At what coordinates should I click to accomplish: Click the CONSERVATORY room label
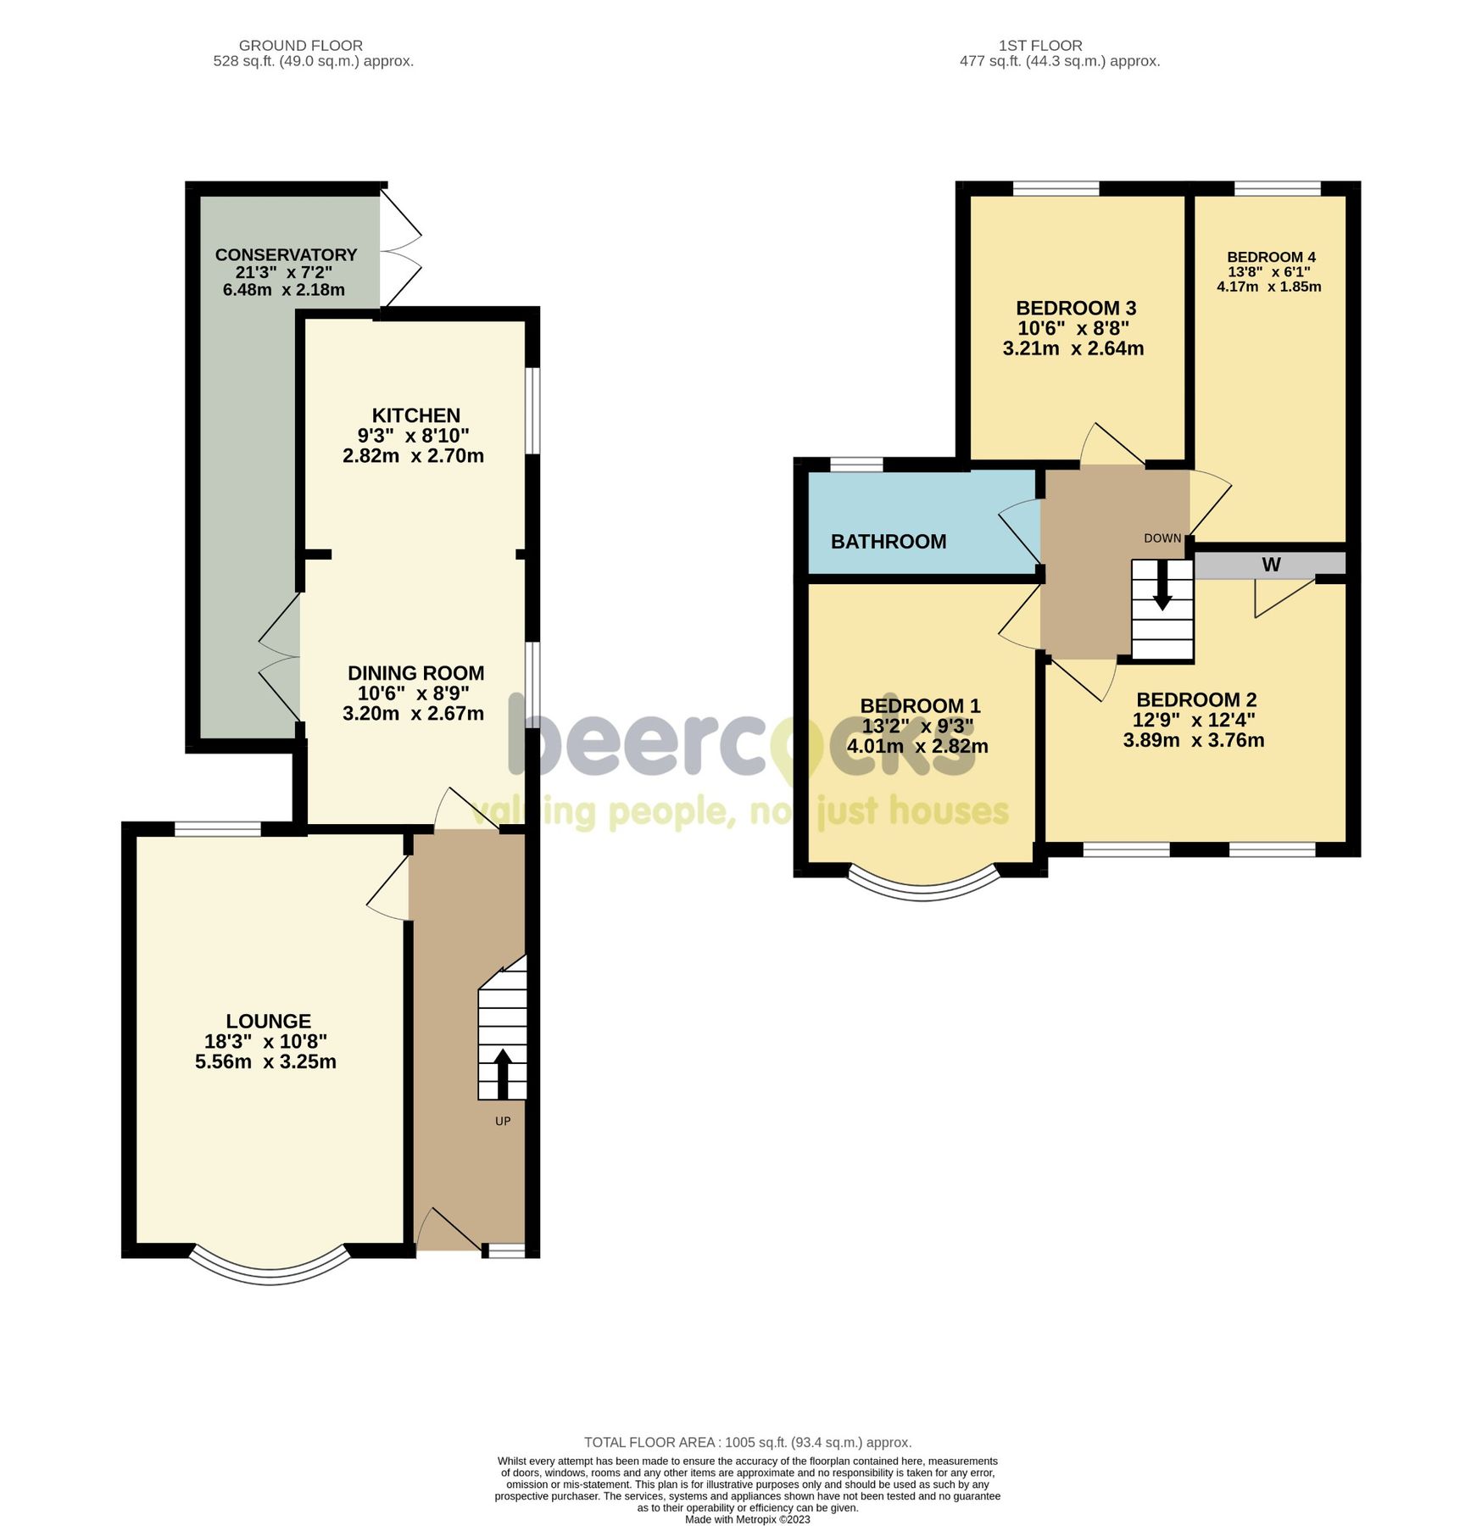click(x=286, y=255)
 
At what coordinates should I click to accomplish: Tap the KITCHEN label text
click(x=416, y=415)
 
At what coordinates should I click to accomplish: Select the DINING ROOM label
click(x=416, y=673)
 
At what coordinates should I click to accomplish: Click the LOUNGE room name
click(x=269, y=1022)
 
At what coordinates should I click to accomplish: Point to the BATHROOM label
click(x=889, y=542)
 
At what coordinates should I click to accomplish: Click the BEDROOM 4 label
click(x=1271, y=257)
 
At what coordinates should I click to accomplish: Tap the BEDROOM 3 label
click(x=1076, y=308)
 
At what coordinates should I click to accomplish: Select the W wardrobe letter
click(x=1271, y=565)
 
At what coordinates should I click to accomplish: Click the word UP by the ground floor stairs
click(x=503, y=1121)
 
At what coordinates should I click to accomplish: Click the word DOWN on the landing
click(x=1162, y=538)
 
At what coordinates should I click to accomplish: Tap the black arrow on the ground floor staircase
click(x=502, y=1072)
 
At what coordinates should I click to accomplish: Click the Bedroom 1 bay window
click(x=922, y=888)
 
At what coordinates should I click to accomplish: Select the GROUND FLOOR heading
click(x=301, y=46)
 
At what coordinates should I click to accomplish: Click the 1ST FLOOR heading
click(x=1040, y=46)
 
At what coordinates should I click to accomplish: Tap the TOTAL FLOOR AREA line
click(x=748, y=1442)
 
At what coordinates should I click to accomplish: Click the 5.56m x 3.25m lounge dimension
click(x=265, y=1062)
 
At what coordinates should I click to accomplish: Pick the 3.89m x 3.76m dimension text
click(x=1194, y=741)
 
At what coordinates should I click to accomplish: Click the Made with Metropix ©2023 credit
click(x=748, y=1519)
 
